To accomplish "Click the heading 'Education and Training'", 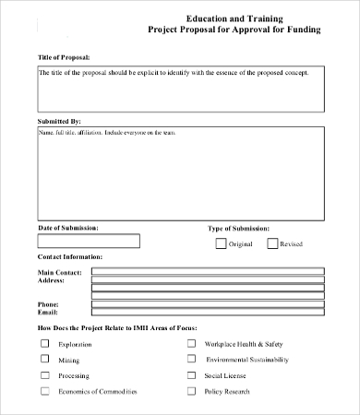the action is (x=234, y=18).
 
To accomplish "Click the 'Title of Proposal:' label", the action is (x=65, y=58).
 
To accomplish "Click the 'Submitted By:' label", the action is (x=60, y=121).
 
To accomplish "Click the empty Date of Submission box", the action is (x=89, y=242).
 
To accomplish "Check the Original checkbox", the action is (x=221, y=243).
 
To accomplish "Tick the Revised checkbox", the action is (x=272, y=243).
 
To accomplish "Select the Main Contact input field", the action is (x=208, y=273).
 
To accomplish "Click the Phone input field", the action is (x=208, y=304).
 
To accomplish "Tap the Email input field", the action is (x=208, y=314).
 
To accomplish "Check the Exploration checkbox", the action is (x=44, y=342).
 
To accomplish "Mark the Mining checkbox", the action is (x=44, y=359).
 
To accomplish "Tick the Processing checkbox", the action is (x=44, y=375).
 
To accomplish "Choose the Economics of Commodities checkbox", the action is (x=44, y=391).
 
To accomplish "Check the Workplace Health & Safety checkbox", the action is (x=192, y=342).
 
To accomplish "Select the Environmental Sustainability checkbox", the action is (x=192, y=359).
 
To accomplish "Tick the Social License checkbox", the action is (x=192, y=375).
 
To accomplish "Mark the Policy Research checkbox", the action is (x=192, y=391).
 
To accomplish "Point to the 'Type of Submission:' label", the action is (x=238, y=227).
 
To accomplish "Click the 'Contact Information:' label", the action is (x=70, y=256).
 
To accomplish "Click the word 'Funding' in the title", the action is (x=300, y=30).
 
